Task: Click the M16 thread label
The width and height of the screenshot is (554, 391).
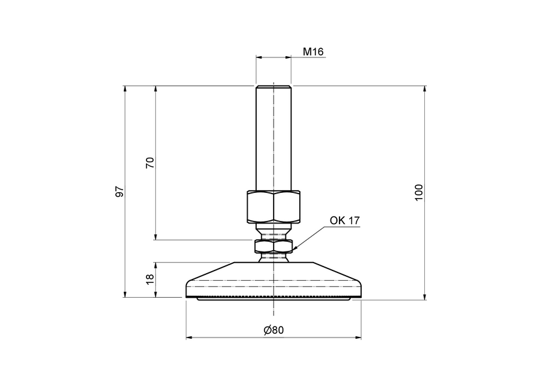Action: (313, 51)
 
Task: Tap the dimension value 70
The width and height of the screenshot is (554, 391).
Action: (149, 163)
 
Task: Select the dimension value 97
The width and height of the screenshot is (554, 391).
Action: (119, 192)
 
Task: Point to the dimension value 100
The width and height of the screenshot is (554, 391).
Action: (419, 192)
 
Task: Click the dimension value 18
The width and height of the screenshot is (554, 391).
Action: (149, 279)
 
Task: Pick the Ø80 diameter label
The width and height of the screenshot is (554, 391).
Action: (274, 330)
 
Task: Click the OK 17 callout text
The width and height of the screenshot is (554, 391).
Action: (344, 220)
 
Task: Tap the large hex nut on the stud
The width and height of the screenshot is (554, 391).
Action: (273, 206)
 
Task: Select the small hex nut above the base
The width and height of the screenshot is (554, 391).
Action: (274, 245)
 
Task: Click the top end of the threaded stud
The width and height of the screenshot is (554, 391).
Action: (273, 87)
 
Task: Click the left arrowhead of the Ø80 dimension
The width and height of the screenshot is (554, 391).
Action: (188, 338)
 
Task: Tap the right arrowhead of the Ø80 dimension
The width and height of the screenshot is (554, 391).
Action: (359, 338)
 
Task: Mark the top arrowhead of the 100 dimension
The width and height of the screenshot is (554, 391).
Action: (426, 88)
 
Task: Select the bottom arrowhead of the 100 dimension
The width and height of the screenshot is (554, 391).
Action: (426, 298)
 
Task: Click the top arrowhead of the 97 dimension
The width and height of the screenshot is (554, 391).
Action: (124, 88)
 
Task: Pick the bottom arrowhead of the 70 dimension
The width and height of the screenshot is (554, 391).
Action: (155, 237)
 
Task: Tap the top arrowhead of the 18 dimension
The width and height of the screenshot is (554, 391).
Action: (155, 265)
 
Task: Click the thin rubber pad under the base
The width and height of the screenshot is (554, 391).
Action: (274, 298)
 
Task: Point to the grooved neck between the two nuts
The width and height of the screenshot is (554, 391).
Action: (274, 230)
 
